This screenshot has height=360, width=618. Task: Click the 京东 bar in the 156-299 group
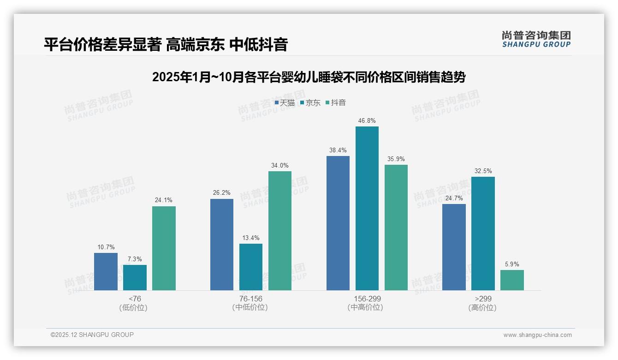click(x=367, y=208)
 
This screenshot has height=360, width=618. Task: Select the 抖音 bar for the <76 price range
click(x=164, y=248)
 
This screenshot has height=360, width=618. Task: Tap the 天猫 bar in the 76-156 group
click(x=222, y=245)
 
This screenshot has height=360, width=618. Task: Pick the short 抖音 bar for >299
click(x=512, y=280)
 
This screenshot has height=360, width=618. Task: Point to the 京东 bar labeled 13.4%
click(x=251, y=267)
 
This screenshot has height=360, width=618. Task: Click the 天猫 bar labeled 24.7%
click(x=454, y=247)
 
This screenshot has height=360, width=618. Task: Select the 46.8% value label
click(x=367, y=121)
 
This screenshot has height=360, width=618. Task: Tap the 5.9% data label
click(x=512, y=264)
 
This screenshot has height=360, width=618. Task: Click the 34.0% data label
click(x=280, y=166)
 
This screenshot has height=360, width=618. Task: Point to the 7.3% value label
click(x=135, y=259)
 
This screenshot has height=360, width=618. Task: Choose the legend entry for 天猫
click(x=285, y=103)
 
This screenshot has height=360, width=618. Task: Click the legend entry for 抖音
click(x=336, y=103)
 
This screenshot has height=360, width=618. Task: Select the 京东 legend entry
click(x=310, y=103)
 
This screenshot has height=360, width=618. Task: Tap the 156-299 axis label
click(x=367, y=299)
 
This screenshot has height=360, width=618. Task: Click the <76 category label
click(x=135, y=299)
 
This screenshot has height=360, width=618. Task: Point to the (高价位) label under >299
click(x=482, y=307)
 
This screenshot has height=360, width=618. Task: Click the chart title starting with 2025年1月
click(x=309, y=77)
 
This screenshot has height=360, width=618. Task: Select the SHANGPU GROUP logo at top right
click(x=536, y=39)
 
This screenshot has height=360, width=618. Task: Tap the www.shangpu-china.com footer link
click(x=537, y=335)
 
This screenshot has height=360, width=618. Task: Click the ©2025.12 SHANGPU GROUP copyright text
click(x=92, y=335)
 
